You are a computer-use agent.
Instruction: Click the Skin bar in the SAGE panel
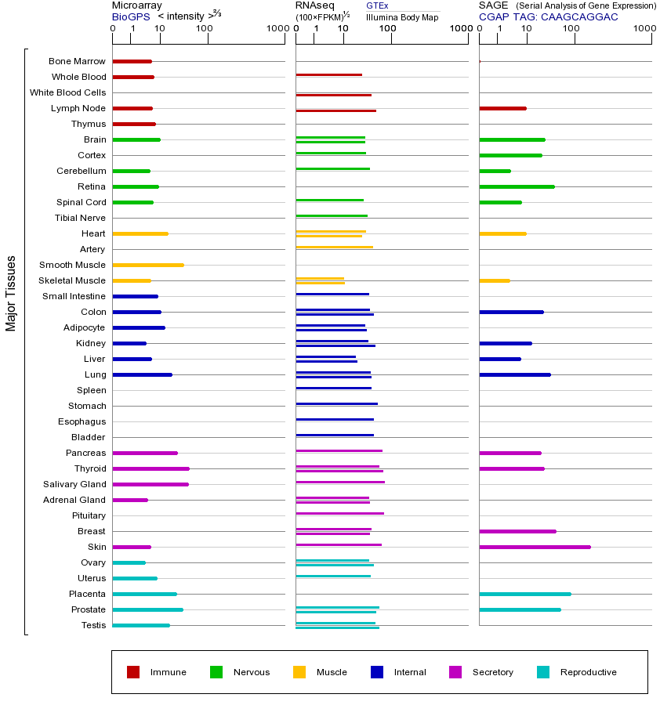pyautogui.click(x=535, y=547)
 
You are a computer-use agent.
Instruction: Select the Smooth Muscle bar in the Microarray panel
pyautogui.click(x=148, y=265)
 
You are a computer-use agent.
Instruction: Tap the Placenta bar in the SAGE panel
pyautogui.click(x=525, y=594)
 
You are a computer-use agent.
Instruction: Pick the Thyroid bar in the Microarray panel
pyautogui.click(x=151, y=468)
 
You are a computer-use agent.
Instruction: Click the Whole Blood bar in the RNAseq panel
pyautogui.click(x=328, y=74)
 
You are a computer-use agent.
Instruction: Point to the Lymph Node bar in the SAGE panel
pyautogui.click(x=502, y=108)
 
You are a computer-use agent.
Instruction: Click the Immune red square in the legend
pyautogui.click(x=133, y=672)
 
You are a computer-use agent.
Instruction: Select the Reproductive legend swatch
pyautogui.click(x=543, y=672)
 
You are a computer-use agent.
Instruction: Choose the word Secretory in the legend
pyautogui.click(x=492, y=672)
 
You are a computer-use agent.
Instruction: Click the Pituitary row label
pyautogui.click(x=89, y=515)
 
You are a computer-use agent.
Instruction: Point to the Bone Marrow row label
pyautogui.click(x=77, y=61)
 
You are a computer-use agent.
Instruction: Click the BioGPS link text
pyautogui.click(x=131, y=16)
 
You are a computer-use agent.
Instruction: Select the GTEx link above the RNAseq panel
pyautogui.click(x=377, y=5)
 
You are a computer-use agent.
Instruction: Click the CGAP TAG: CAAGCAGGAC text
pyautogui.click(x=548, y=16)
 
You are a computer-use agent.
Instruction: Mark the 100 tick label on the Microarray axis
pyautogui.click(x=204, y=29)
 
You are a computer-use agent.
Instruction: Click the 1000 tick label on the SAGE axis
pyautogui.click(x=644, y=29)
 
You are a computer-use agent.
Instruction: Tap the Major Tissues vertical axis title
pyautogui.click(x=11, y=293)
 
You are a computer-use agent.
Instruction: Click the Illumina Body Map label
pyautogui.click(x=402, y=16)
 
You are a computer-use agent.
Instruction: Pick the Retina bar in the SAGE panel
pyautogui.click(x=517, y=186)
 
